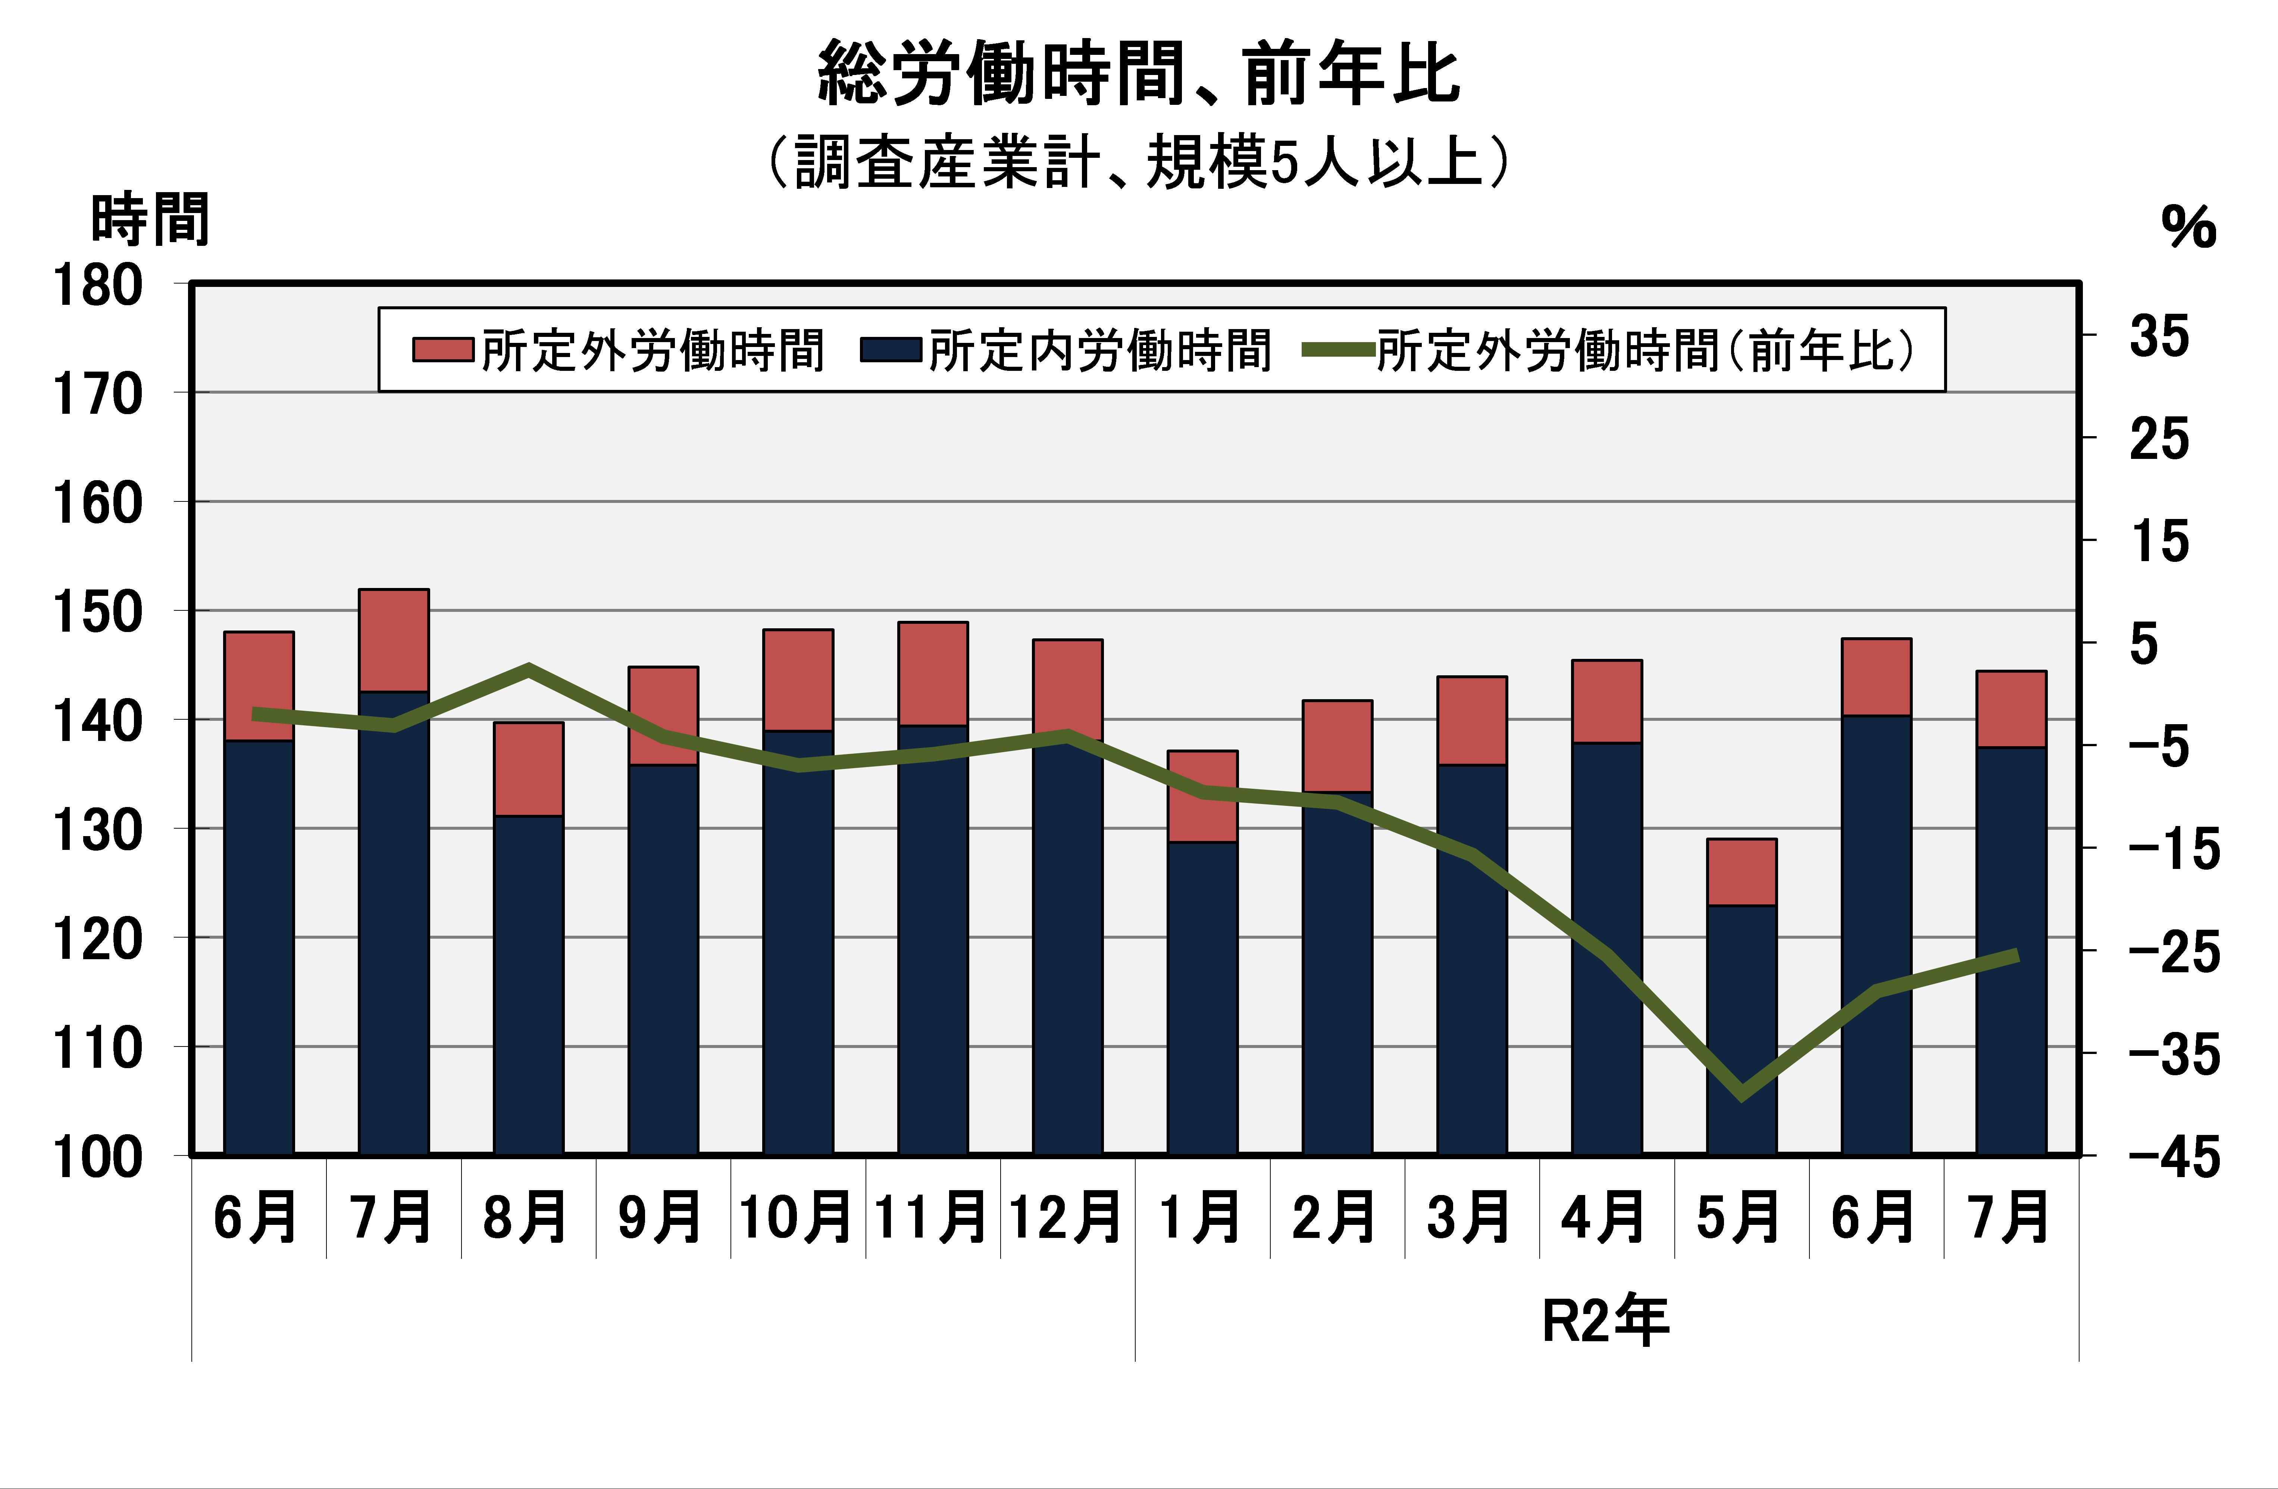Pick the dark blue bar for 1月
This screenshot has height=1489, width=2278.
tap(1202, 995)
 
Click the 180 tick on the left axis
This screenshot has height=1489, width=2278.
tap(98, 285)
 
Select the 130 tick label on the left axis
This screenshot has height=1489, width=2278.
tap(98, 830)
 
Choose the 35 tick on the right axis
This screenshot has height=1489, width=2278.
tap(2159, 337)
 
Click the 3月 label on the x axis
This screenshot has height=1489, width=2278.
tap(1469, 1217)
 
